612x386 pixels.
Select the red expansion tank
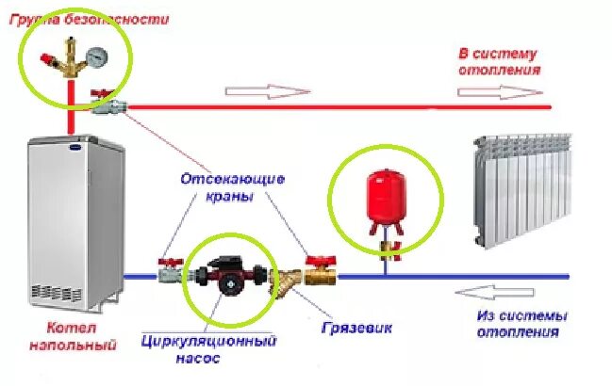coord(383,198)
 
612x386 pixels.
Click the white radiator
coord(524,188)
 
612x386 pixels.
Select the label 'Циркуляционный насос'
coord(208,347)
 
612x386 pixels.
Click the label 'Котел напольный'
coord(80,337)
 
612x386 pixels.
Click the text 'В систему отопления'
coord(499,61)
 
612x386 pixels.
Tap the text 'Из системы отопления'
coord(518,323)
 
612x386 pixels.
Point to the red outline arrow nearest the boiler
coord(267,91)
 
